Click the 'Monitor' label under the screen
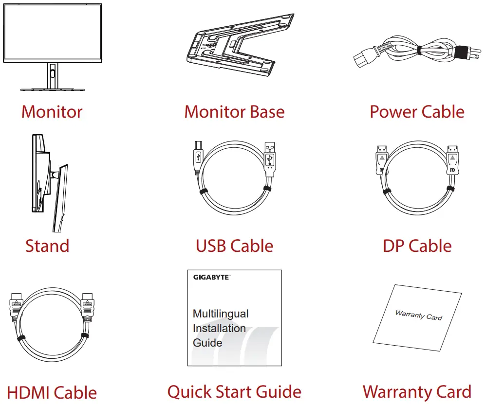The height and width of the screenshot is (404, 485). (x=52, y=112)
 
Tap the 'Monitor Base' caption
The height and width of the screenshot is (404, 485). (x=234, y=112)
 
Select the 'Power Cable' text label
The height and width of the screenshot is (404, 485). (x=417, y=112)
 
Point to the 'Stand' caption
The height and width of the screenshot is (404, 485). (x=47, y=246)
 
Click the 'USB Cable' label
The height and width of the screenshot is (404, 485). (x=234, y=246)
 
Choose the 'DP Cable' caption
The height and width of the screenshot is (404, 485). (x=417, y=246)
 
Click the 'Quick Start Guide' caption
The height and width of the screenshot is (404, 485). (x=234, y=392)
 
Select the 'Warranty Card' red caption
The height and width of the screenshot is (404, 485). (x=417, y=392)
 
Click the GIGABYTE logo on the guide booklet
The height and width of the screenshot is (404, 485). (x=211, y=278)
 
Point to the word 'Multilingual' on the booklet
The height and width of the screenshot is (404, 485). (x=221, y=314)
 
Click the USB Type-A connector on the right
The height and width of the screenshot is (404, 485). (x=270, y=156)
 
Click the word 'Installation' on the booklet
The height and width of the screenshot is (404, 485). (x=219, y=328)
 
